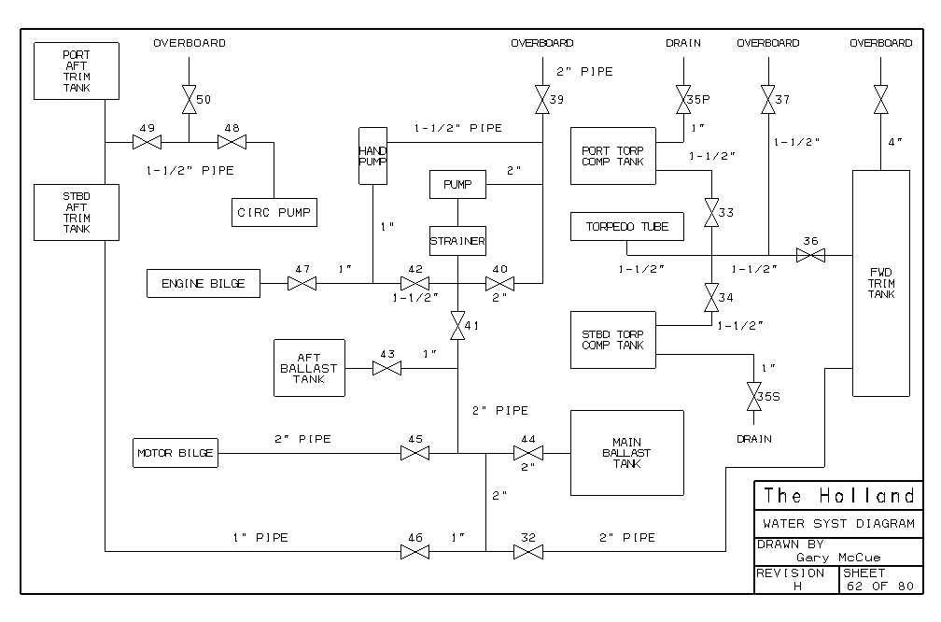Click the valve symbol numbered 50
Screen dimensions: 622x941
189,99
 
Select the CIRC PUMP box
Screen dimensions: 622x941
274,212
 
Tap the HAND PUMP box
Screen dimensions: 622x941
372,155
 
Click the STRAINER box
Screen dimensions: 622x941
457,241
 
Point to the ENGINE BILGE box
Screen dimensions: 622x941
204,283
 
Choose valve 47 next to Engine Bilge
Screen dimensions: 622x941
302,283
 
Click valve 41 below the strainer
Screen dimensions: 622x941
457,327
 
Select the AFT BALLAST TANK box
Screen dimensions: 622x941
309,368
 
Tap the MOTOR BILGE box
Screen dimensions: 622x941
176,453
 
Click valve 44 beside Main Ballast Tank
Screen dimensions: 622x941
528,453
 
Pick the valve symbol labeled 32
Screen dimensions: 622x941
528,552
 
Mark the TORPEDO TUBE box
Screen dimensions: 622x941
626,227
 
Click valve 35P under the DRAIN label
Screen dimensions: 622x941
682,98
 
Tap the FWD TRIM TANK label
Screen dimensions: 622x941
880,284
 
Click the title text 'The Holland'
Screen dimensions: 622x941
838,495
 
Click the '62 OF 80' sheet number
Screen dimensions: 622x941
878,586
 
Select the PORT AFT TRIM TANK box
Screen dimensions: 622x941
77,71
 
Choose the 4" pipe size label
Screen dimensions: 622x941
895,142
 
